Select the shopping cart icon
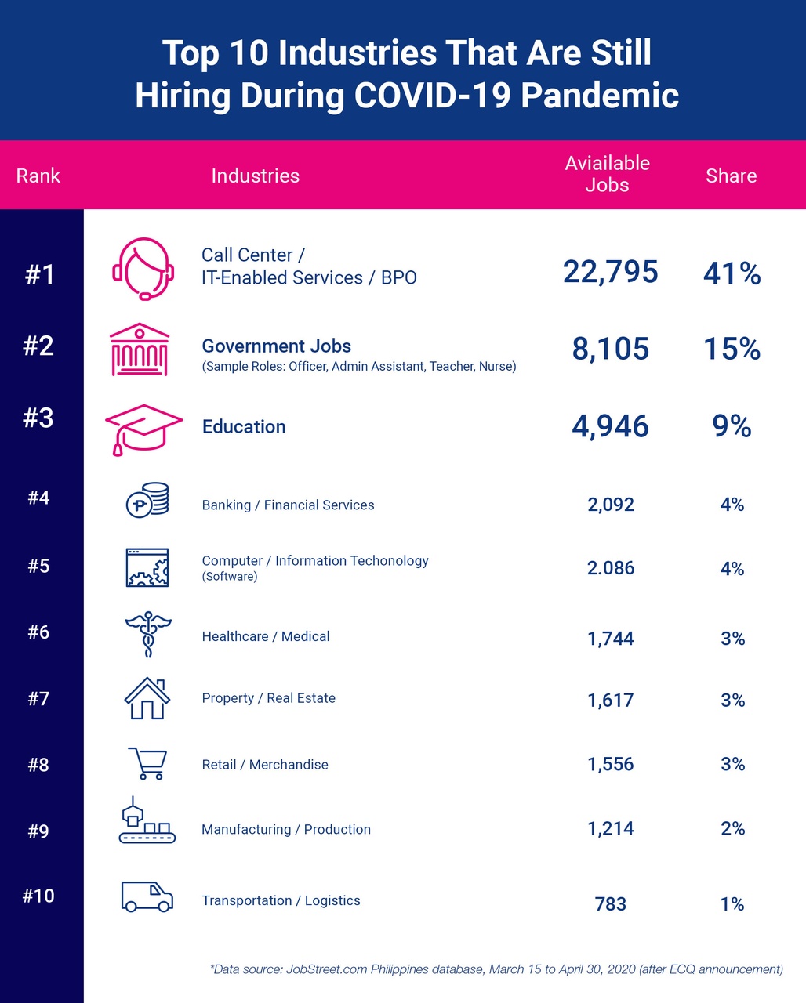point(147,763)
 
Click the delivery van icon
point(147,896)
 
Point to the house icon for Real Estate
point(147,698)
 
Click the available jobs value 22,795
point(610,272)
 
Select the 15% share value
point(731,349)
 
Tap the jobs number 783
point(610,904)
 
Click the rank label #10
point(38,896)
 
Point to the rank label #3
point(38,418)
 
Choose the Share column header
point(731,176)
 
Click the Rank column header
point(38,176)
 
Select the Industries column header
point(255,176)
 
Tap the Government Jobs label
point(276,346)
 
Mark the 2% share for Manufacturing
point(732,829)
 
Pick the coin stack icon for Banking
point(147,500)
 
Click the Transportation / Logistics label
point(281,900)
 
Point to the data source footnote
point(496,969)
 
